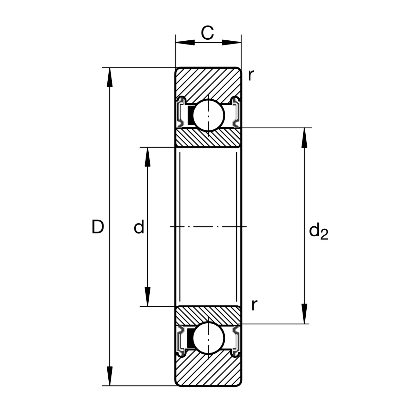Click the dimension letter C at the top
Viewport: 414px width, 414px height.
207,33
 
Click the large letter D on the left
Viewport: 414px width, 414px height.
98,227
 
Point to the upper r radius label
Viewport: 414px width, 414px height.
251,75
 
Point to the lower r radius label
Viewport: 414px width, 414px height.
254,305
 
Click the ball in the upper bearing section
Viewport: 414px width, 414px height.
208,115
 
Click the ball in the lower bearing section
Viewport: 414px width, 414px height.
208,338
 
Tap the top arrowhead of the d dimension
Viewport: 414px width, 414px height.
148,157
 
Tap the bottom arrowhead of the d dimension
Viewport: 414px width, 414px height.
148,297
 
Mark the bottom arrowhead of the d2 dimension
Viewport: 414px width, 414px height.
304,314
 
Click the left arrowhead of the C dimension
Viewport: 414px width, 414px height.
185,42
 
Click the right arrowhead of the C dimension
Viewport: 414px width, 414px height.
231,42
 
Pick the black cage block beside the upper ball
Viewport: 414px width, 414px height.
189,115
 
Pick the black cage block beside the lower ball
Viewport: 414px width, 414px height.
189,338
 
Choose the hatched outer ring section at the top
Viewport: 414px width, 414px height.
208,81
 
